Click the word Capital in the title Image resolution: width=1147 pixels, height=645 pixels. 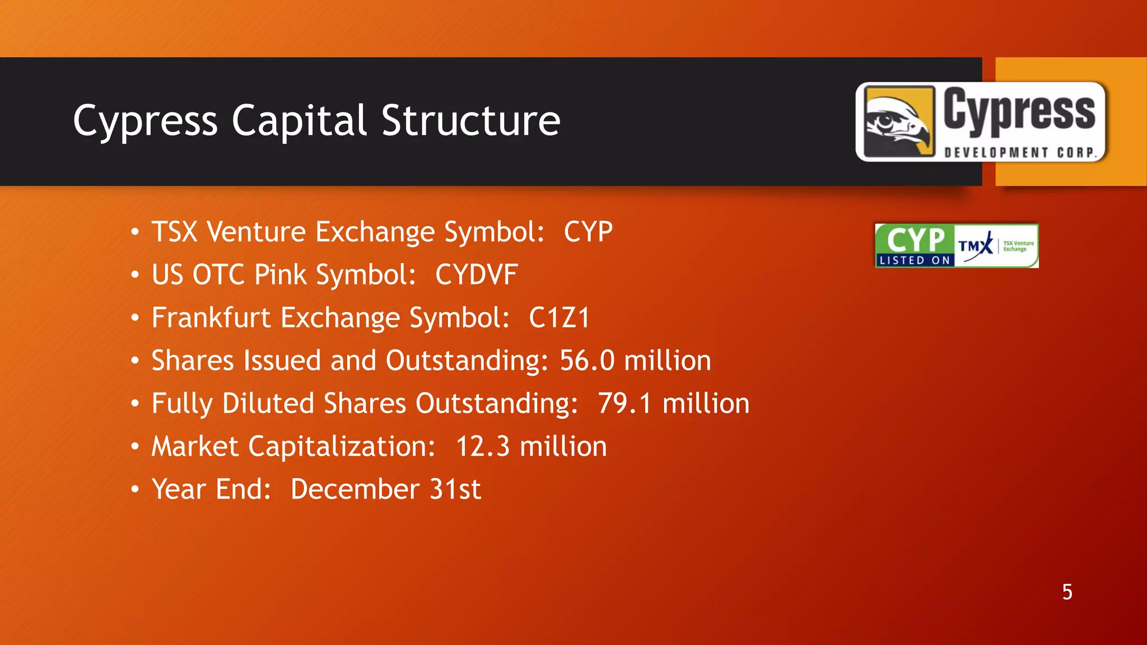(x=299, y=120)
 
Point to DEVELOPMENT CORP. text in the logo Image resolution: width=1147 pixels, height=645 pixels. (x=1020, y=152)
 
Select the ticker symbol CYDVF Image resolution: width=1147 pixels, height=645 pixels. (x=476, y=275)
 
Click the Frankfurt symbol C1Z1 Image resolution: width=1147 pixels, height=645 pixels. (x=559, y=318)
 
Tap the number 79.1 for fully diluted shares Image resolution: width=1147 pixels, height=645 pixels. (x=624, y=404)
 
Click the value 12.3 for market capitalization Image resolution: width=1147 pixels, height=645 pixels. (x=482, y=447)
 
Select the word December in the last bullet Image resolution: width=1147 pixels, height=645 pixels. (x=355, y=489)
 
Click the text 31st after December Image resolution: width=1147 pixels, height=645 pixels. (x=455, y=489)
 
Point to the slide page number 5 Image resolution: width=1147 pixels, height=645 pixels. (x=1067, y=592)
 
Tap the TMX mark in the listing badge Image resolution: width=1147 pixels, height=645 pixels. (x=975, y=246)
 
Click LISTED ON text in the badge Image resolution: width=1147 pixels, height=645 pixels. (x=915, y=260)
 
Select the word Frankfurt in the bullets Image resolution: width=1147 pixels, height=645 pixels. (x=211, y=318)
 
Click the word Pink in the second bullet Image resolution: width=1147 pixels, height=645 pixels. (x=280, y=275)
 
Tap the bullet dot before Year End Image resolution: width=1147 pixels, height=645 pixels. (x=134, y=489)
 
